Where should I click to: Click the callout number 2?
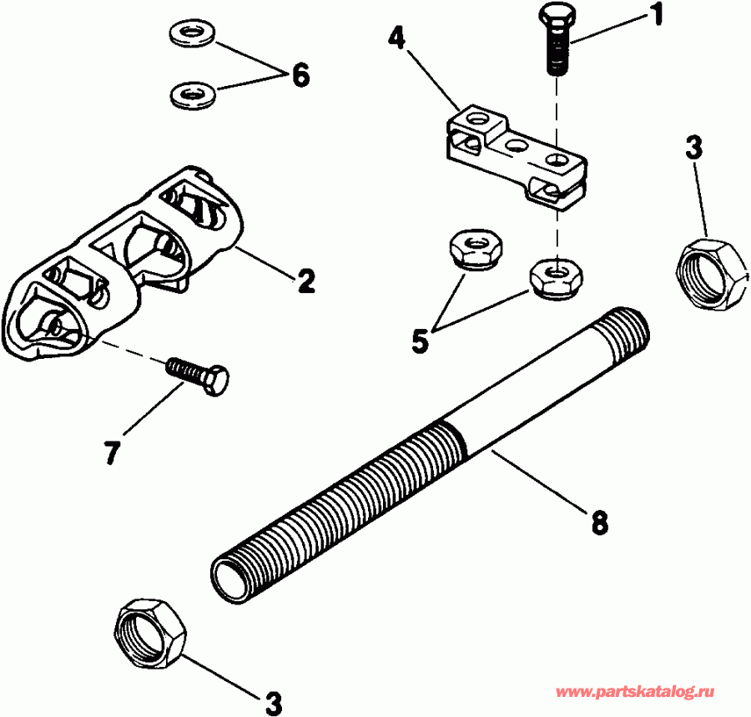[x=305, y=281]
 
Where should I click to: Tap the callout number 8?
[x=598, y=523]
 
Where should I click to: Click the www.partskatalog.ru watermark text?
[x=635, y=692]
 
